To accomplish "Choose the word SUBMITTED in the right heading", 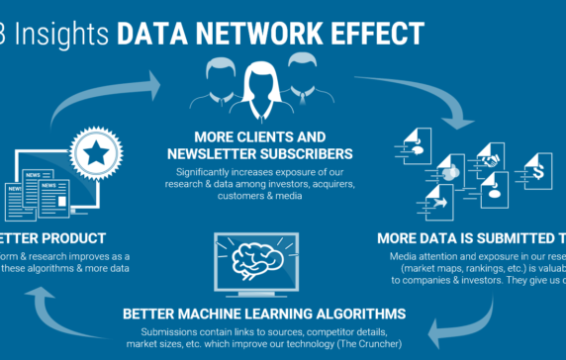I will [x=500, y=237].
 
